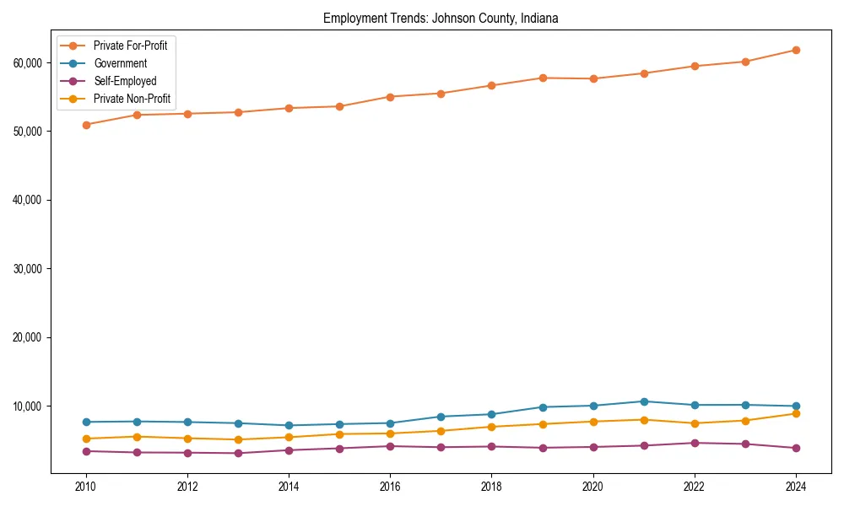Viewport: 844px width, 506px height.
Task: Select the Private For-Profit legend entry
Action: pos(130,46)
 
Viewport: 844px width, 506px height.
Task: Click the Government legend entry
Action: pos(120,63)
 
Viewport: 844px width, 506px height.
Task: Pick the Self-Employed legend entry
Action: pos(125,81)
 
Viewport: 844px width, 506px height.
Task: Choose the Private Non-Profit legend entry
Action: pos(132,99)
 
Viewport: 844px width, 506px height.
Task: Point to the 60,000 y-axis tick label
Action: pos(30,63)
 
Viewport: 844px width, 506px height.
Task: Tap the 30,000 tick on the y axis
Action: pos(30,269)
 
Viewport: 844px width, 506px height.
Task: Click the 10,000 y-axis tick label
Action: pos(30,406)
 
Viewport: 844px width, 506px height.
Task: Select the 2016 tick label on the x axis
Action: pos(390,487)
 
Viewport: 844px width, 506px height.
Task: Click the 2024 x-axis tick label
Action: pos(796,487)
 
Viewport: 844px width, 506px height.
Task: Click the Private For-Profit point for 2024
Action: pos(796,51)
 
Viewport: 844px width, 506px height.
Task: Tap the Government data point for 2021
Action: pos(644,401)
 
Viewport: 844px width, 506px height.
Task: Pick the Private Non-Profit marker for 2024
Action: pos(796,413)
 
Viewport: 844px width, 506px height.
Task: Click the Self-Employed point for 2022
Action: pos(695,443)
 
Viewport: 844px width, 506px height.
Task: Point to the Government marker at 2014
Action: pos(289,426)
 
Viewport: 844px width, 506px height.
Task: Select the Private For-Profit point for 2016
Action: pos(390,97)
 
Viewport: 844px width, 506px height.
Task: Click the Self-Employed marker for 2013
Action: pos(238,454)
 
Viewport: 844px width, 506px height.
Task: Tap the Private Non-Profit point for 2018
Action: pos(491,427)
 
